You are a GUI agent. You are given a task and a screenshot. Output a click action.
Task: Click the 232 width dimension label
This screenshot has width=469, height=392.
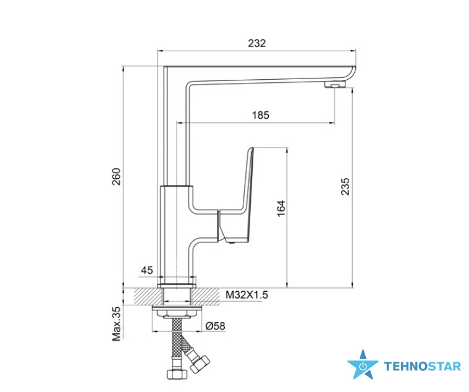pyautogui.click(x=256, y=43)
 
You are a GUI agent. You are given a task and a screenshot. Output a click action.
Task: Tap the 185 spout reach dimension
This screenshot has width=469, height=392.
pyautogui.click(x=260, y=115)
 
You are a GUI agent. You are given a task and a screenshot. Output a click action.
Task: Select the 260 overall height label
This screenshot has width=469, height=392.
pyautogui.click(x=116, y=177)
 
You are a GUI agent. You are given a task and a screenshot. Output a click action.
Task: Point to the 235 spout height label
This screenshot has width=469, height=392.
pyautogui.click(x=345, y=187)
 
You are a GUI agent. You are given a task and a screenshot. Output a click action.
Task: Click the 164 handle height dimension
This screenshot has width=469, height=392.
pyautogui.click(x=281, y=208)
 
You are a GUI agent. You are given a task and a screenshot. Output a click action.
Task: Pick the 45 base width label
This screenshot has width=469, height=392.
pyautogui.click(x=147, y=270)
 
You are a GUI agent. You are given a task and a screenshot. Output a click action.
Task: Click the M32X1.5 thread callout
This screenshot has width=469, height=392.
pyautogui.click(x=247, y=295)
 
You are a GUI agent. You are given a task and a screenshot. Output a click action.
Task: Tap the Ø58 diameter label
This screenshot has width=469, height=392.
pyautogui.click(x=216, y=326)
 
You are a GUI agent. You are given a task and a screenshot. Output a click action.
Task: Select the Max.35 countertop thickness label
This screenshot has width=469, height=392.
pyautogui.click(x=116, y=324)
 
